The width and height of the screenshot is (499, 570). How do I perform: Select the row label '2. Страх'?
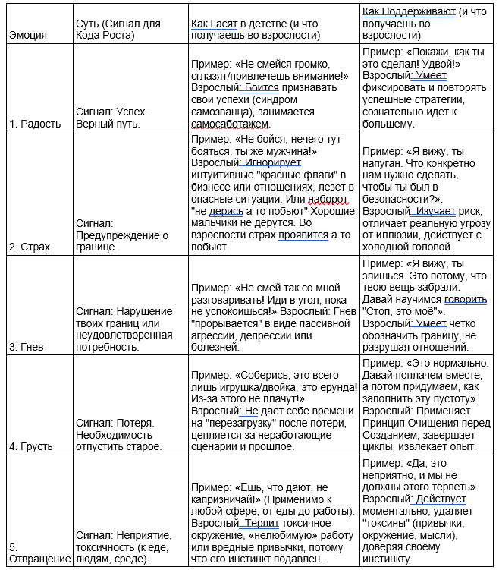[x=30, y=247]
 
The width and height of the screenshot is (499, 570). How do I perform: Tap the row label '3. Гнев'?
[x=26, y=347]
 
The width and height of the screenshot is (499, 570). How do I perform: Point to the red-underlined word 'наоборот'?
[x=327, y=199]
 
